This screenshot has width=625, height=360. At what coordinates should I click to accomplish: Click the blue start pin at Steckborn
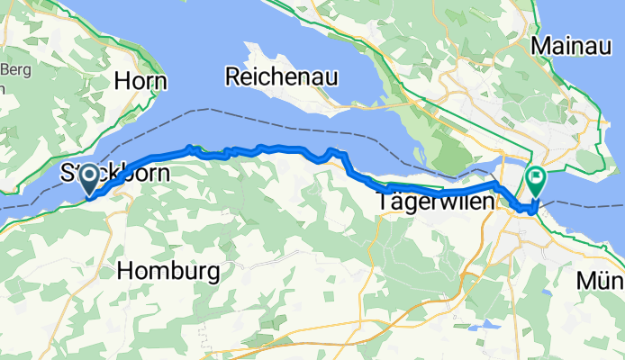[x=91, y=178]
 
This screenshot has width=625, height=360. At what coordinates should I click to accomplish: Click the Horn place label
[x=141, y=81]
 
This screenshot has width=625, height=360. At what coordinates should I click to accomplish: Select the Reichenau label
[x=281, y=76]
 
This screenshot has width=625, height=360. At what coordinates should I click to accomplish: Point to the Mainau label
[x=573, y=44]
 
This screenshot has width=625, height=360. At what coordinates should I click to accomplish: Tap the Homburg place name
[x=169, y=270]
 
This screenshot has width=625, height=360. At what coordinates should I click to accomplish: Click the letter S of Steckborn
[x=67, y=172]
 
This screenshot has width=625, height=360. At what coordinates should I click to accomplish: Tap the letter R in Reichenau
[x=232, y=76]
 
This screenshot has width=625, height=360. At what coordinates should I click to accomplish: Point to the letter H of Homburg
[x=125, y=270]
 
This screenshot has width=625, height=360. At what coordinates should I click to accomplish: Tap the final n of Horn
[x=160, y=81]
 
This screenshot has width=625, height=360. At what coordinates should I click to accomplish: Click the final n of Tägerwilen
[x=489, y=202]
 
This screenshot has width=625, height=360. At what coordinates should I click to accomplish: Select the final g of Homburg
[x=213, y=273]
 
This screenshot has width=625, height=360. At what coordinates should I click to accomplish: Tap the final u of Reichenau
[x=331, y=77]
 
